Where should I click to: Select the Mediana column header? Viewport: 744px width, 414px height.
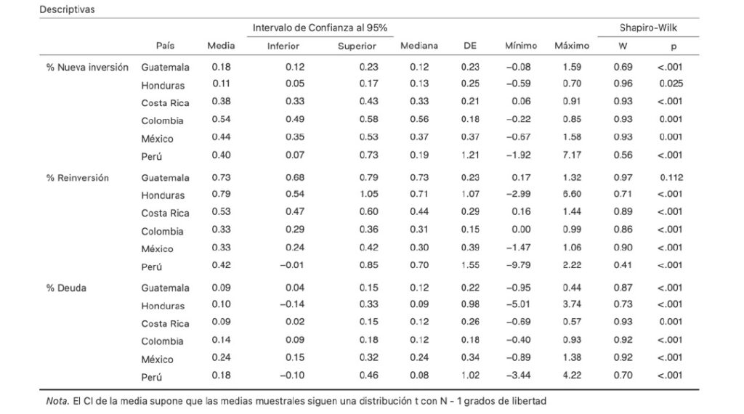coord(419,46)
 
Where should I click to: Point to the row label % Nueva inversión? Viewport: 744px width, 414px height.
coord(87,67)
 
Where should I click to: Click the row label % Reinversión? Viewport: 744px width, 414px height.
coord(78,177)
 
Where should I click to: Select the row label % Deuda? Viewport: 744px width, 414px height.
coord(67,288)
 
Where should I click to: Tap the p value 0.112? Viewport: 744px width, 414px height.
coord(671,177)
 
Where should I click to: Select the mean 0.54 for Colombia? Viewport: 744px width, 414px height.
coord(221,120)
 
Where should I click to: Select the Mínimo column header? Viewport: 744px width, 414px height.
coord(520,46)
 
